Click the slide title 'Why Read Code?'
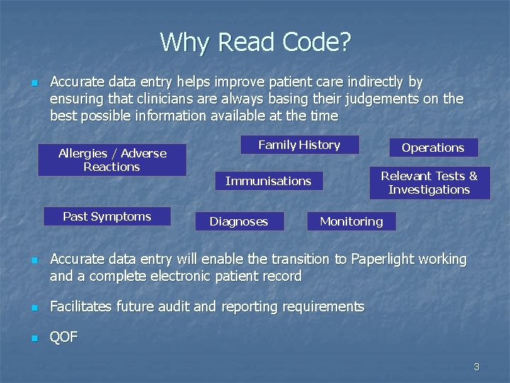255,43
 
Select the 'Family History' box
299,145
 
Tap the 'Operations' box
433,148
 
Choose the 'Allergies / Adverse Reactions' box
112,160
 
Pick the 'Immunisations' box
268,181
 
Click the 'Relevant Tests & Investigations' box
429,182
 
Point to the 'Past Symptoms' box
107,216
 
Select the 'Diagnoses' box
239,221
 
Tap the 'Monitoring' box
351,221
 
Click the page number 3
476,367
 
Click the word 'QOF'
64,338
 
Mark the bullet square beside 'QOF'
33,338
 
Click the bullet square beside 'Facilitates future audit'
33,308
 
